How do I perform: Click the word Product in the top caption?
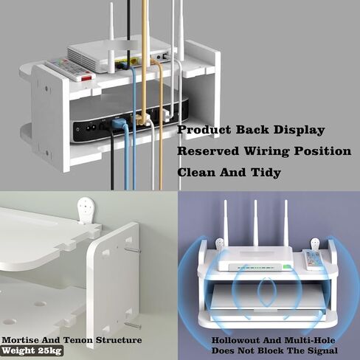(x=204, y=130)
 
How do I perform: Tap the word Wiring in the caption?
(x=266, y=150)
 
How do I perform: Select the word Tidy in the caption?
(x=266, y=172)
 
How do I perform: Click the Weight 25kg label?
(x=32, y=350)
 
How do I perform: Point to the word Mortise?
(x=20, y=340)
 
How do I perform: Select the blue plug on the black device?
(x=118, y=123)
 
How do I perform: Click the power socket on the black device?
(x=91, y=128)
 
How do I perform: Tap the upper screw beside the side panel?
(x=132, y=250)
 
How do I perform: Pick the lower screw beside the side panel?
(x=133, y=326)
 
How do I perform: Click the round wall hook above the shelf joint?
(x=86, y=209)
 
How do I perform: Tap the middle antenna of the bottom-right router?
(x=255, y=224)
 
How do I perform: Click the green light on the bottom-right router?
(x=287, y=267)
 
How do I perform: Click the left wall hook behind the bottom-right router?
(x=220, y=243)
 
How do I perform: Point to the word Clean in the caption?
(x=197, y=172)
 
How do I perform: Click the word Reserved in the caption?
(x=208, y=150)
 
